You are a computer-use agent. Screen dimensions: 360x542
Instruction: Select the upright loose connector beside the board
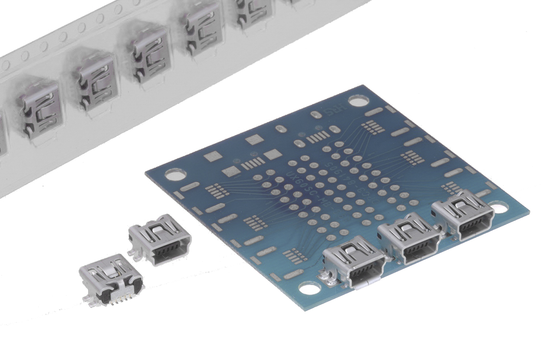click(x=159, y=239)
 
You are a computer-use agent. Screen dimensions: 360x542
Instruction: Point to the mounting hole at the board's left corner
click(x=174, y=174)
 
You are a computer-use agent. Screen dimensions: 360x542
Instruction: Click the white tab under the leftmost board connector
click(x=364, y=285)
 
